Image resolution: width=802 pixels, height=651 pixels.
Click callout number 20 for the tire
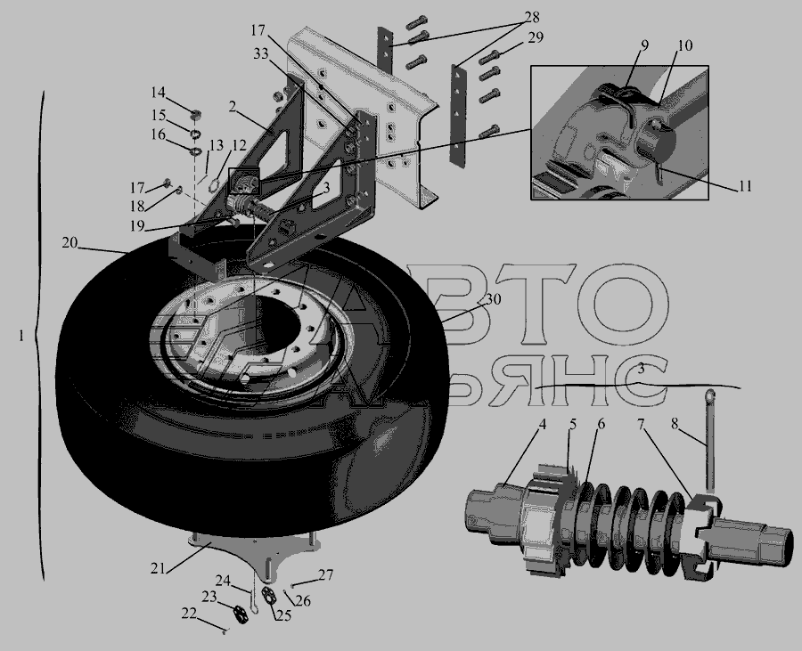[x=70, y=243]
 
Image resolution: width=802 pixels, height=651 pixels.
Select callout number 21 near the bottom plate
[x=158, y=568]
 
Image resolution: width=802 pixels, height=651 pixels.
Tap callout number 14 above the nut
[x=158, y=93]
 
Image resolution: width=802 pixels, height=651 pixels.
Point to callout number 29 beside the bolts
[x=536, y=38]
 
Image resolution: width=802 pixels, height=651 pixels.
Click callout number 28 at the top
[x=533, y=18]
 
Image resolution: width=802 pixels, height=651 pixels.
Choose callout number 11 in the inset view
[x=745, y=186]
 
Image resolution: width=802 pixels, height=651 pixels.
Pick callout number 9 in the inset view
[x=644, y=45]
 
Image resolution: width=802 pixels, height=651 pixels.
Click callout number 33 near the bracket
[x=261, y=53]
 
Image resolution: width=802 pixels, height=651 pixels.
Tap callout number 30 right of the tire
[x=493, y=299]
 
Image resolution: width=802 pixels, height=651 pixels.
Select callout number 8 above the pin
[x=675, y=424]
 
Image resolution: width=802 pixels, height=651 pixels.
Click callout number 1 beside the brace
[x=21, y=337]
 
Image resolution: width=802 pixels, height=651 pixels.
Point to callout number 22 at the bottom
[x=189, y=614]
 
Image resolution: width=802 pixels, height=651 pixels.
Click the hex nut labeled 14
[x=195, y=115]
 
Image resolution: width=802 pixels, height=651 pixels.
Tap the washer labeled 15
[x=195, y=134]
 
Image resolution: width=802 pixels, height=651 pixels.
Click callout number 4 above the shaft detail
[x=542, y=424]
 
